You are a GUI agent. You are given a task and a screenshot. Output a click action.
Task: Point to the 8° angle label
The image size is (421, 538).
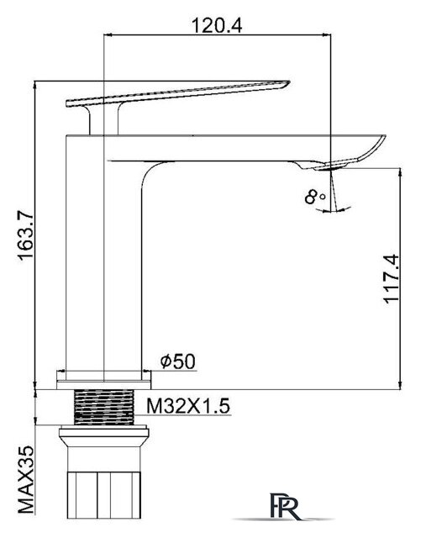(x=315, y=198)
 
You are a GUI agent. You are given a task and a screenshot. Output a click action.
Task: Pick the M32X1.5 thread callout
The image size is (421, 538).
(x=189, y=407)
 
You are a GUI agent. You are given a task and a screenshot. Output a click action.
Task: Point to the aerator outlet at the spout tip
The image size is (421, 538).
(x=336, y=166)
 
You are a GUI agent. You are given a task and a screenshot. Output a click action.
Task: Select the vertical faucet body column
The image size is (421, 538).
(x=105, y=252)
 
